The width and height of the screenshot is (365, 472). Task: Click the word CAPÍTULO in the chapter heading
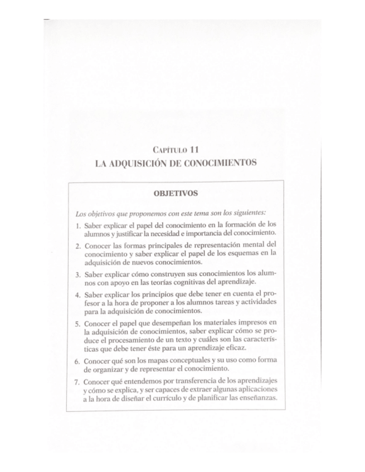click(x=169, y=150)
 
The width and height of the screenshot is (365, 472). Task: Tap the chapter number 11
click(x=194, y=149)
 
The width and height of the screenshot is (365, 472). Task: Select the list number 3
click(x=77, y=274)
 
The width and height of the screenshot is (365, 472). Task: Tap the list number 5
click(x=77, y=323)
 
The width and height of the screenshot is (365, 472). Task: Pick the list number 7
click(x=77, y=382)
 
